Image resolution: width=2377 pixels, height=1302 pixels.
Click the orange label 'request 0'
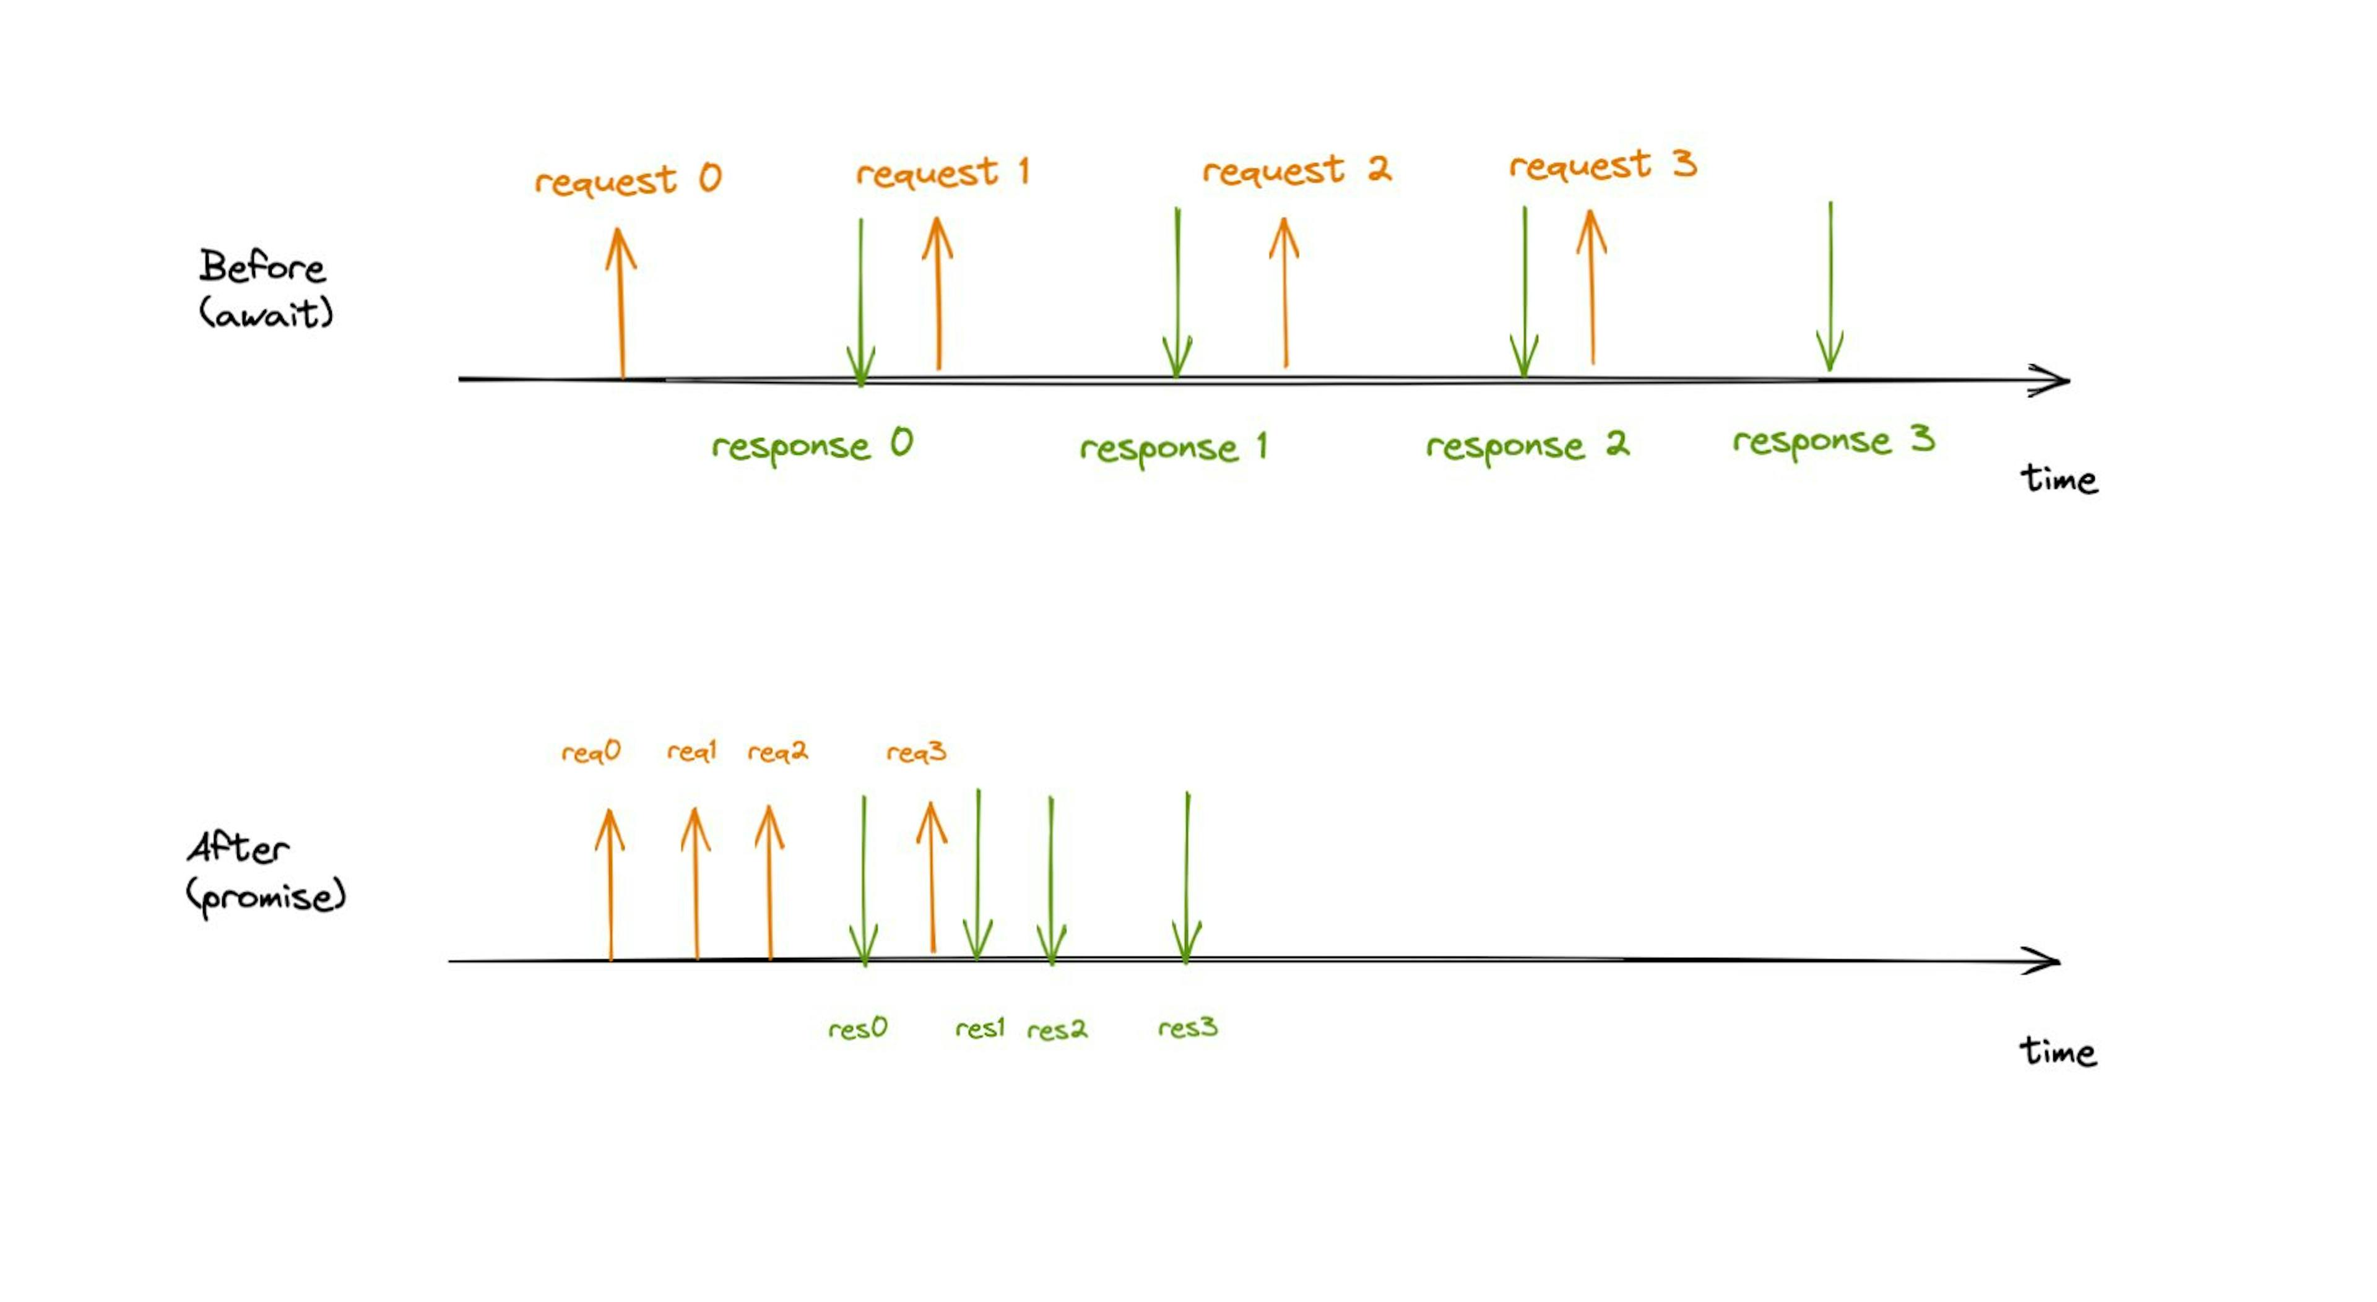pyautogui.click(x=628, y=179)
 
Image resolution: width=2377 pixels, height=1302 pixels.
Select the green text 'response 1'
pyautogui.click(x=1173, y=448)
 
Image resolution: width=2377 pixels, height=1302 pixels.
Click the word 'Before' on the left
pyautogui.click(x=262, y=267)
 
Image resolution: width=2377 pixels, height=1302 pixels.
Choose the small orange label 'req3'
pyautogui.click(x=916, y=753)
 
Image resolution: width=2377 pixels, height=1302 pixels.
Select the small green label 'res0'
pyautogui.click(x=857, y=1028)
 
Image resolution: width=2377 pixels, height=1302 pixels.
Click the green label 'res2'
pyautogui.click(x=1057, y=1030)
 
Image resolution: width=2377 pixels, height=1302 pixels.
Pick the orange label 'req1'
pyautogui.click(x=692, y=752)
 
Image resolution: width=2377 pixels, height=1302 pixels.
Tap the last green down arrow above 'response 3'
pyautogui.click(x=1830, y=286)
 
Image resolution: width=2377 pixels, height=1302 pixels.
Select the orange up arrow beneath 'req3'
pyautogui.click(x=932, y=877)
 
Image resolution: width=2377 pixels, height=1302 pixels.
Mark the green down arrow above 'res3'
pyautogui.click(x=1187, y=877)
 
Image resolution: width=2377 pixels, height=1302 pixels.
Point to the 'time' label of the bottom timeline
pyautogui.click(x=2058, y=1052)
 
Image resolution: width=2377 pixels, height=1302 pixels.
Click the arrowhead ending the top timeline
pyautogui.click(x=2054, y=380)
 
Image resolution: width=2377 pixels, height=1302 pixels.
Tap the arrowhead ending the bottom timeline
pyautogui.click(x=2045, y=961)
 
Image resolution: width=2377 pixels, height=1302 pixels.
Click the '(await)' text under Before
pyautogui.click(x=266, y=314)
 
